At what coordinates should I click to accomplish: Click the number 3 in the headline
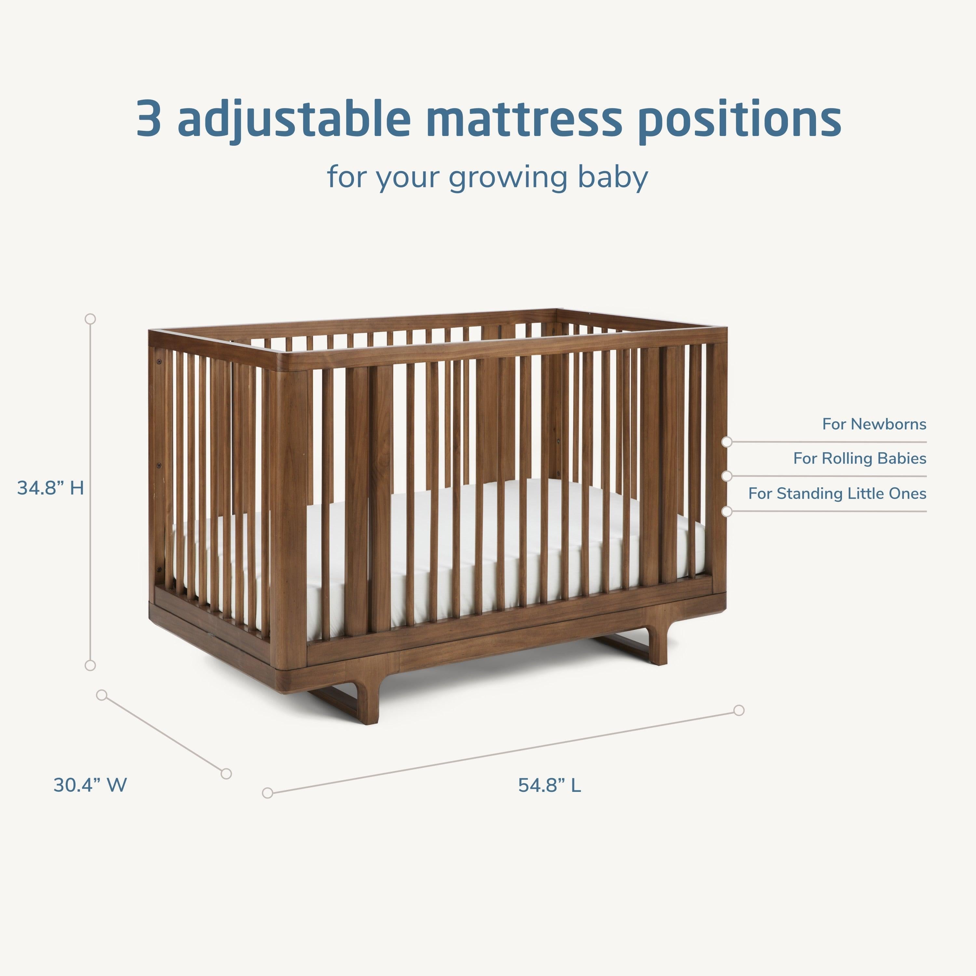click(149, 119)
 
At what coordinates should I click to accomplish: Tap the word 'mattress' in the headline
click(522, 119)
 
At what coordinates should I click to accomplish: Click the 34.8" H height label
click(50, 488)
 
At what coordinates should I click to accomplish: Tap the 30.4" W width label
click(90, 785)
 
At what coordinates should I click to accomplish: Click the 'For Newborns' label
click(874, 424)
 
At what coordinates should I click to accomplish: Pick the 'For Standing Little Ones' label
click(837, 493)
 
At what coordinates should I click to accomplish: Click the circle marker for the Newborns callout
click(727, 442)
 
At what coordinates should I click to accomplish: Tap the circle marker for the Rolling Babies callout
click(727, 476)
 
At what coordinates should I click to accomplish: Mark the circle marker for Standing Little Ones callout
click(727, 511)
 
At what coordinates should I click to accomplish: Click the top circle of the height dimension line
click(90, 319)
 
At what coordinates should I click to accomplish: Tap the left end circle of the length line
click(268, 793)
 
